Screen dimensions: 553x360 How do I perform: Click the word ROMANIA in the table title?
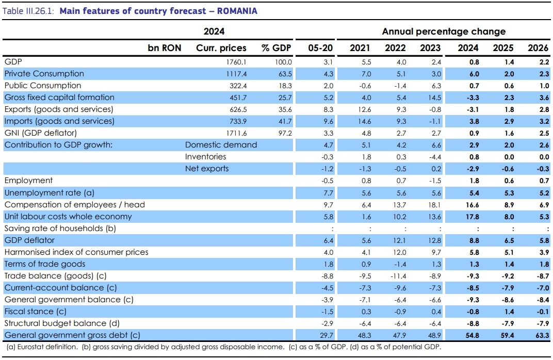237,11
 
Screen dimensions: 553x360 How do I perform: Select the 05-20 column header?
320,48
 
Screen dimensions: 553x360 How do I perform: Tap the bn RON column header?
165,48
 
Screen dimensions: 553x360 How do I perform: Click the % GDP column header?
276,48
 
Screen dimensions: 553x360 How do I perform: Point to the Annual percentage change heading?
444,31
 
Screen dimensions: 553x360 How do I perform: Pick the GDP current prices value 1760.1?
236,62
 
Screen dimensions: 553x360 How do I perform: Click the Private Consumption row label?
44,74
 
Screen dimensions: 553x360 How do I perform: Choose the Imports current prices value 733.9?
238,121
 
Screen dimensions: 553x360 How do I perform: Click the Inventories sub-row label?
206,157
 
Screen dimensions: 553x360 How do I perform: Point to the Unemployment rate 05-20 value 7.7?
328,193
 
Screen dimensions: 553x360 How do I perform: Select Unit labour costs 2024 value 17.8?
472,217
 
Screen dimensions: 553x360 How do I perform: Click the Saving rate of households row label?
60,228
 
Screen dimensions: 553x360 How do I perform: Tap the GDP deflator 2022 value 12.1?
399,240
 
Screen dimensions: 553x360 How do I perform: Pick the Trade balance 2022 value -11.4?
398,276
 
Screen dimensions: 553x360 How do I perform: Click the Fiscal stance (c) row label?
35,312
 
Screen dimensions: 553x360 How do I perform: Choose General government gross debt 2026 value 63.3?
542,335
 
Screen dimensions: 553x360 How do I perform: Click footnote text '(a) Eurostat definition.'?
42,347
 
